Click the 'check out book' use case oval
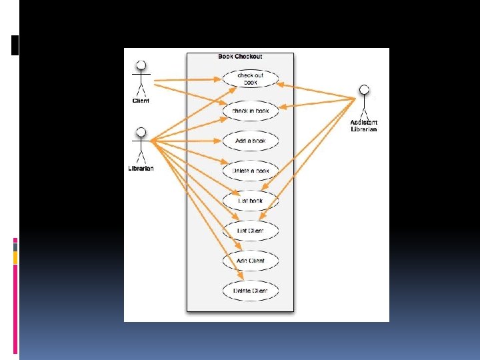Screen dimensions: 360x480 click(250, 79)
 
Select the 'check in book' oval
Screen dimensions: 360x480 click(250, 110)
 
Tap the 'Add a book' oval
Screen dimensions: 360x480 click(250, 141)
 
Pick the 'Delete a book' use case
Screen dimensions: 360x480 click(250, 171)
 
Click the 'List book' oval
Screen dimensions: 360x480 click(250, 201)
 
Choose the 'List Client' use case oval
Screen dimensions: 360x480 click(250, 231)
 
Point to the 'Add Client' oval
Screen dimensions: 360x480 click(250, 261)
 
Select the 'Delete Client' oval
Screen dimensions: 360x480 click(250, 291)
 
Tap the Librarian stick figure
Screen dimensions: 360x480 click(141, 145)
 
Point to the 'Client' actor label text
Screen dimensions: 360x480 click(141, 101)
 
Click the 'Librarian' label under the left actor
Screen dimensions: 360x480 click(141, 168)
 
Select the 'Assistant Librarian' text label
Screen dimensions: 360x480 click(364, 125)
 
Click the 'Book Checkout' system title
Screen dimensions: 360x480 click(240, 57)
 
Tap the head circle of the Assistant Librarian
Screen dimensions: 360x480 click(364, 89)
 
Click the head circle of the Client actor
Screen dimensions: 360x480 click(141, 65)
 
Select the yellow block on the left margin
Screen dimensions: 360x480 click(15, 257)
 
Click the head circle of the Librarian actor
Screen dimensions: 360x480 click(141, 131)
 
